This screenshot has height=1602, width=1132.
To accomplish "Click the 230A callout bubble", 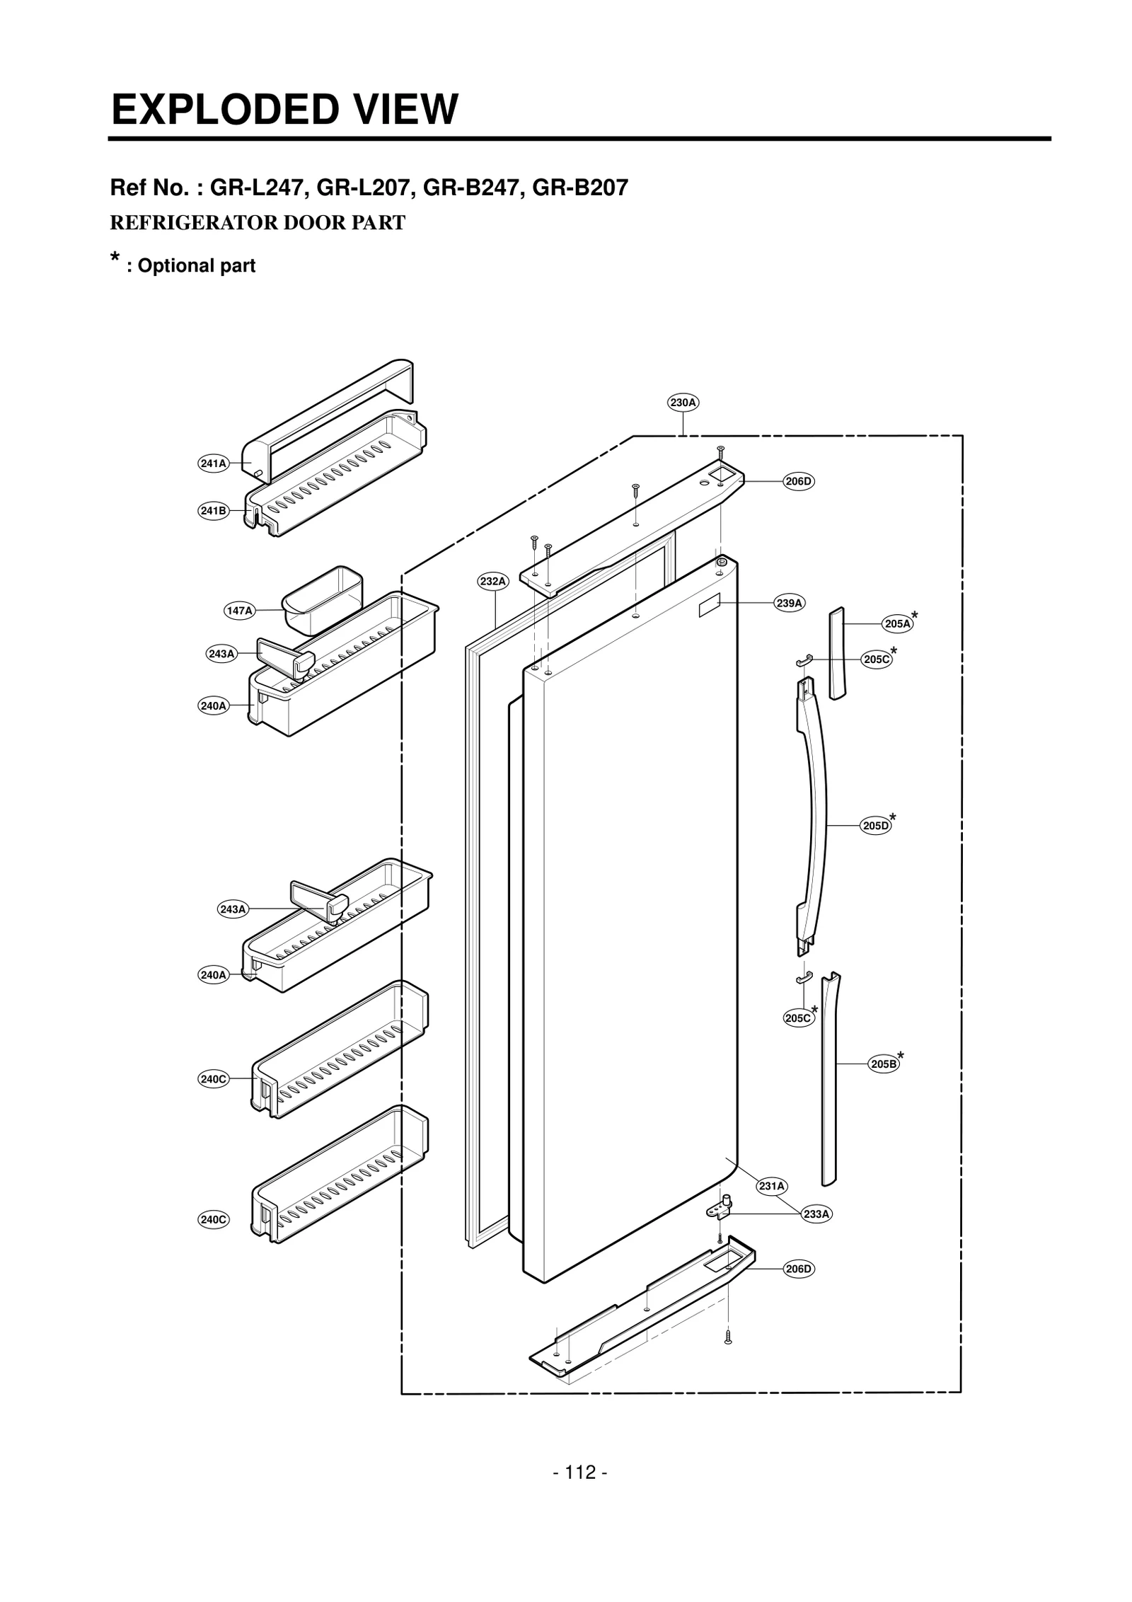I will point(683,403).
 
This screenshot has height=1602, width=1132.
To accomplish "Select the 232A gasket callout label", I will point(492,582).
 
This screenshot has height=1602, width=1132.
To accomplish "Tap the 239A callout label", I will point(789,603).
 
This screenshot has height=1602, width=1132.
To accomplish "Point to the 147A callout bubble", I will point(239,611).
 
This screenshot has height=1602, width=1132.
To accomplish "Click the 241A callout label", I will point(213,463).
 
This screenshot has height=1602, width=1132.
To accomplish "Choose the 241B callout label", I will point(213,510).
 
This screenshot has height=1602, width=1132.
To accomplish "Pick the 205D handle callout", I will point(875,826).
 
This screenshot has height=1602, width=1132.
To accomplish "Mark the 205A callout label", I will point(898,623).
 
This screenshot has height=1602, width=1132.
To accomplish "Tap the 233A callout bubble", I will point(816,1214).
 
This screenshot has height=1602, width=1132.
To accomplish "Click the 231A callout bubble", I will point(771,1186).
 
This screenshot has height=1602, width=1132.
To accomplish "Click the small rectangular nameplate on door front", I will point(709,606).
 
